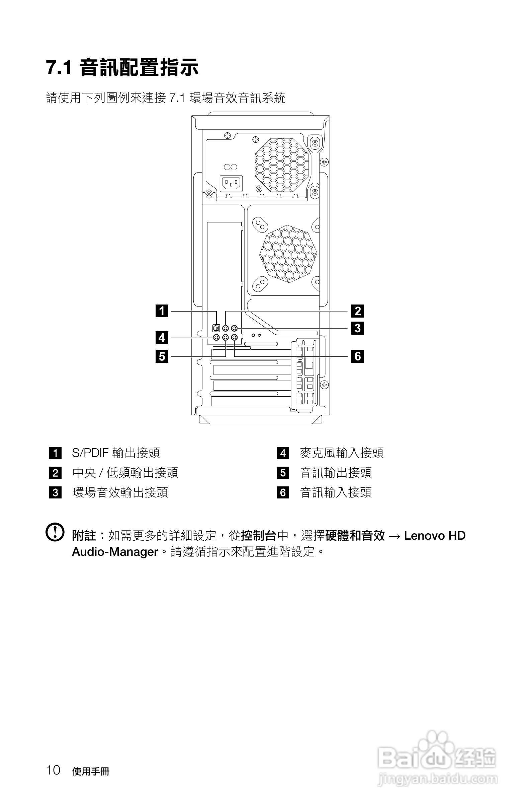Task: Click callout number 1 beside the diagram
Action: click(x=162, y=311)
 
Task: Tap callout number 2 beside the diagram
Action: click(x=357, y=311)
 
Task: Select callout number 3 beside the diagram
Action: click(x=357, y=328)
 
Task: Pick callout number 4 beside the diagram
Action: click(x=162, y=338)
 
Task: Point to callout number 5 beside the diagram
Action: click(x=162, y=356)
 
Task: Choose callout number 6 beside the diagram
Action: click(x=357, y=356)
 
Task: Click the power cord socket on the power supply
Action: click(x=231, y=184)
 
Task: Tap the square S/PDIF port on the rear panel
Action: click(x=216, y=328)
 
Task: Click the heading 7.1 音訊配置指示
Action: click(x=122, y=67)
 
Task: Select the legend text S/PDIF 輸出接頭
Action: click(x=116, y=453)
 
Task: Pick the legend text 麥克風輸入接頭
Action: click(x=342, y=453)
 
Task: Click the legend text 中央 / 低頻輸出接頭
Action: click(x=125, y=472)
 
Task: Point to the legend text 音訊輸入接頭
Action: click(x=336, y=492)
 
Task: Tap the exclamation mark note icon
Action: click(x=55, y=532)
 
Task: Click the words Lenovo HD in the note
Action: click(x=435, y=536)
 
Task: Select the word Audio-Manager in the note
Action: click(x=115, y=552)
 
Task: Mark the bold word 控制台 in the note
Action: click(x=259, y=536)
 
